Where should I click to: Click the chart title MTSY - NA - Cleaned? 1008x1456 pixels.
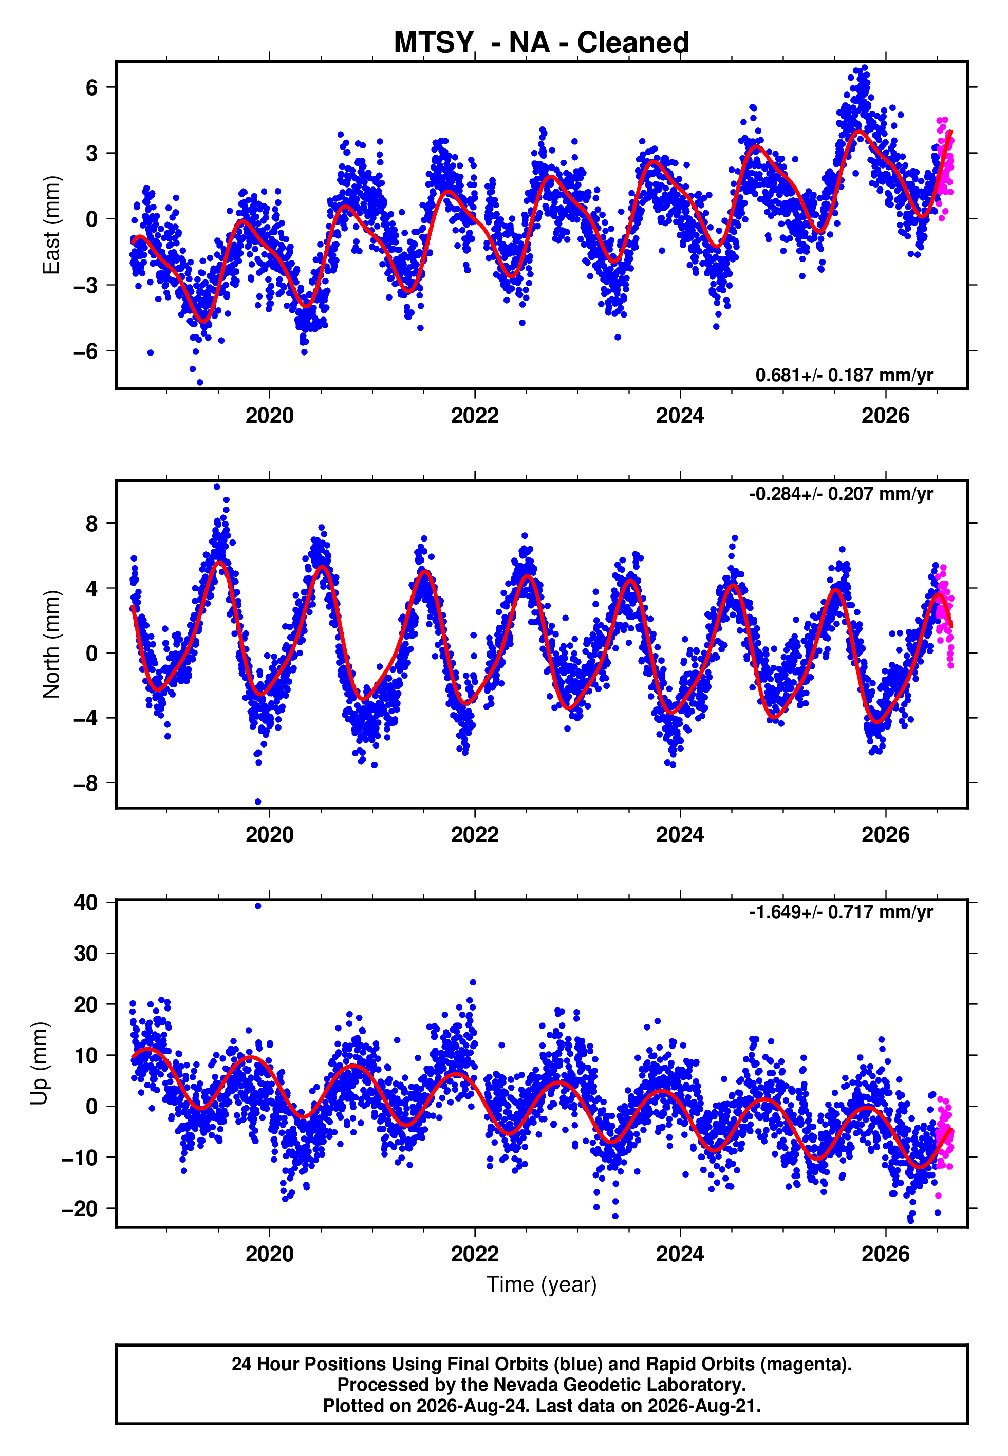tap(542, 43)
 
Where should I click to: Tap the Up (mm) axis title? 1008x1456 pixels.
tap(39, 1063)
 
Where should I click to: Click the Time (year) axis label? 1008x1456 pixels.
tap(542, 1285)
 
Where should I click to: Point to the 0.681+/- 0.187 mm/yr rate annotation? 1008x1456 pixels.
tap(844, 375)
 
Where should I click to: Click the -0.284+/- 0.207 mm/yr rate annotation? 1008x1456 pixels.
tap(841, 493)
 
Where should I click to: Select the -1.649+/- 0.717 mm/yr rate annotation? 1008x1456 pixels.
tap(841, 912)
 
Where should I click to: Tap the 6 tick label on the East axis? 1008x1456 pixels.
tap(92, 87)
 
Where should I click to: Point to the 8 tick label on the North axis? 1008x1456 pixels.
tap(92, 524)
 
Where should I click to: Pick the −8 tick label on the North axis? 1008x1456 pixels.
tap(86, 783)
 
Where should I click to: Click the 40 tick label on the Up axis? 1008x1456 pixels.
tap(86, 903)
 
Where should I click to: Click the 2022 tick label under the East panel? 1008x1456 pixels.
tap(474, 416)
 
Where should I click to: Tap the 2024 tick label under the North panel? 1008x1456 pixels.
tap(680, 835)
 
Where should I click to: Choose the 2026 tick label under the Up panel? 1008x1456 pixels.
tap(886, 1254)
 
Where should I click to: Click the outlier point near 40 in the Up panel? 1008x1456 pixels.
tap(258, 906)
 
